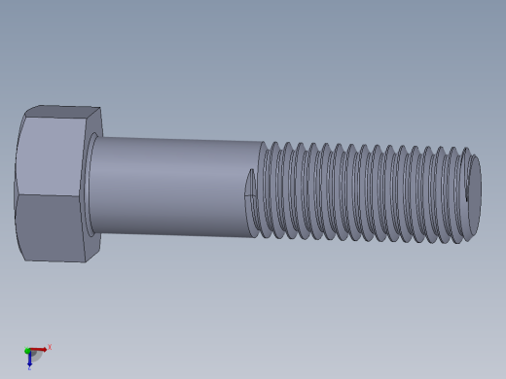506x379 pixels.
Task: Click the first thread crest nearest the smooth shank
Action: click(265, 189)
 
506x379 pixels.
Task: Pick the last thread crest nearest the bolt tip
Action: click(464, 194)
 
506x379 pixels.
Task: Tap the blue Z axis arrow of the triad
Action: click(29, 360)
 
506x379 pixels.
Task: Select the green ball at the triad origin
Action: click(28, 351)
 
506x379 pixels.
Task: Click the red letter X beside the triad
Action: click(50, 347)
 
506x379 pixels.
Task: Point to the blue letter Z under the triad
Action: click(29, 368)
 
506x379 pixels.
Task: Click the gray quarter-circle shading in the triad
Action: click(35, 357)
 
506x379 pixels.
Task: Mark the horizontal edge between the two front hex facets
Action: click(49, 194)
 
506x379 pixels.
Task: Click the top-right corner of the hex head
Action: click(100, 108)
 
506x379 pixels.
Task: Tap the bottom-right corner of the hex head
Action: click(86, 261)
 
